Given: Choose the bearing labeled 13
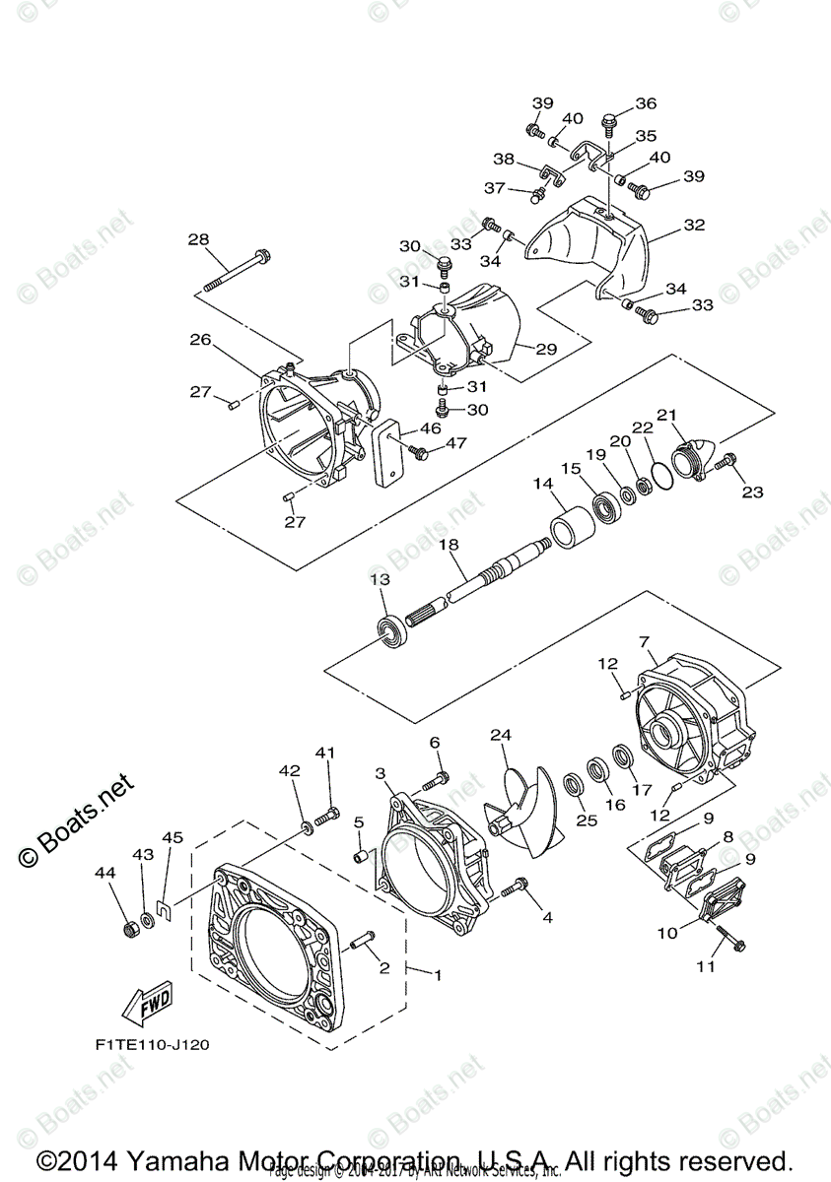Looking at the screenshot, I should [x=391, y=627].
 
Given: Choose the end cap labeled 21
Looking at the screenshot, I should [x=689, y=459].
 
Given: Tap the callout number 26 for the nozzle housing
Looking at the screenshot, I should [x=200, y=341].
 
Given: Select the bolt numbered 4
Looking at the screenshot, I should [x=514, y=889].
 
